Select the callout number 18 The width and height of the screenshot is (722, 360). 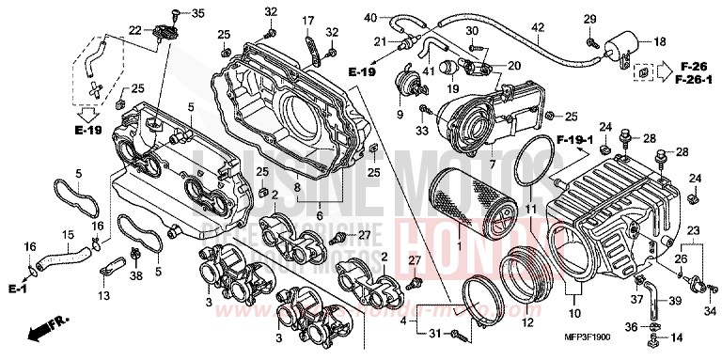click(x=658, y=42)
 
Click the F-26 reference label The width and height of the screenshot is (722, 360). click(x=695, y=66)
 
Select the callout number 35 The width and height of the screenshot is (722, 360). click(x=196, y=13)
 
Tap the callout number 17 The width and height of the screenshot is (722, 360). click(x=308, y=21)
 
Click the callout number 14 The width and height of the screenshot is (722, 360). click(x=677, y=337)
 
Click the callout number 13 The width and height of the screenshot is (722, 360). click(x=102, y=295)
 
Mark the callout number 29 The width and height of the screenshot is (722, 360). click(x=589, y=20)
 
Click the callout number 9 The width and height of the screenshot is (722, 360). click(x=399, y=115)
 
